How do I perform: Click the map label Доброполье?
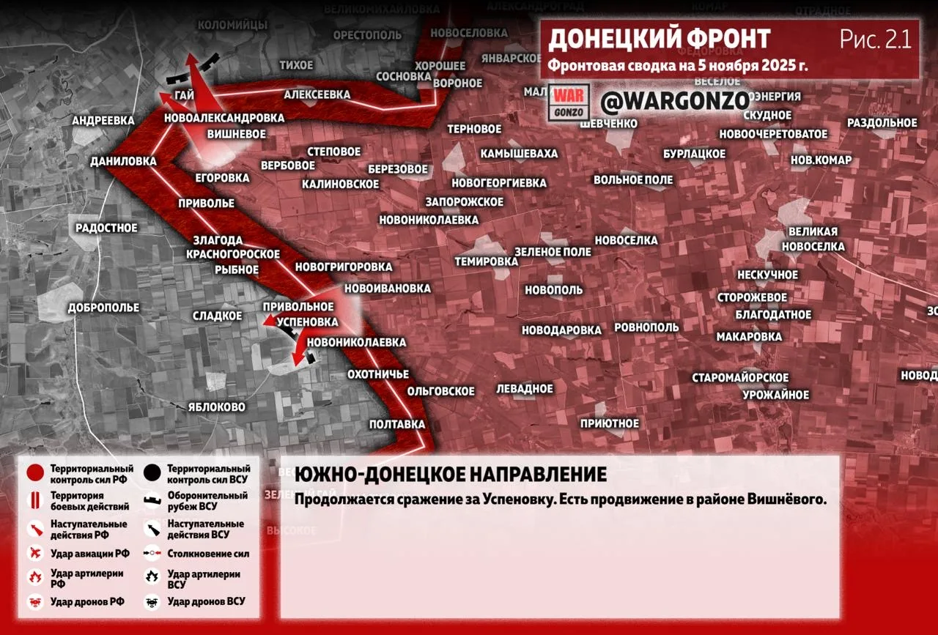(x=103, y=308)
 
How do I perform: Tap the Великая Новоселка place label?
(x=813, y=239)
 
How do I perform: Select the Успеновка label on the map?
(x=310, y=322)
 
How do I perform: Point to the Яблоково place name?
(x=216, y=406)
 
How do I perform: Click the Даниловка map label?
(x=123, y=161)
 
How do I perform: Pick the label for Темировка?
(x=486, y=261)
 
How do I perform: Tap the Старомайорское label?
(x=740, y=378)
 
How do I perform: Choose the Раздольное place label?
(x=882, y=123)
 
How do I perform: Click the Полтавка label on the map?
(x=397, y=424)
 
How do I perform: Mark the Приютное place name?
(x=610, y=423)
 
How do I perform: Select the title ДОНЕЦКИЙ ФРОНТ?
(x=660, y=39)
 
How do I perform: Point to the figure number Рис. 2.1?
(x=876, y=39)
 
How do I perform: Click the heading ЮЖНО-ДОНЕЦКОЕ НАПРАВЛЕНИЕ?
(x=450, y=474)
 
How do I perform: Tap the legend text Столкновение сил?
(x=207, y=554)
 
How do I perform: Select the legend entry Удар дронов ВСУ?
(x=206, y=601)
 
